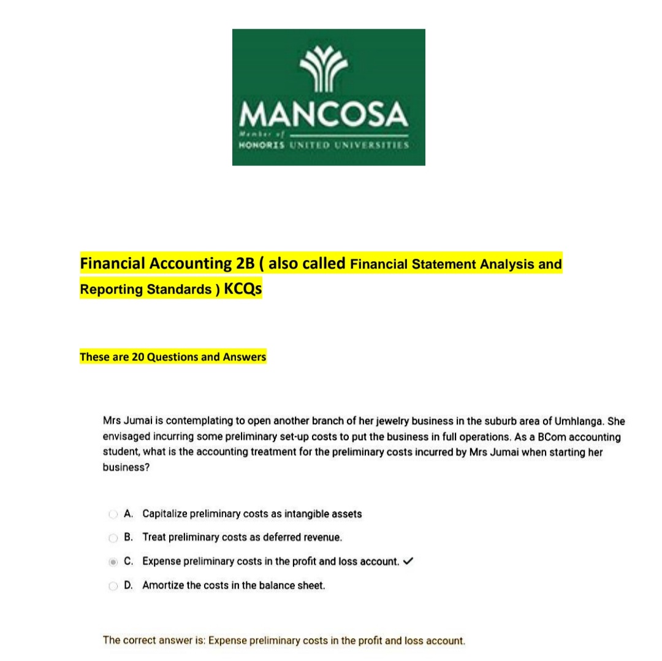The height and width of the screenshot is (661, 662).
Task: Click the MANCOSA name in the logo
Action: (x=325, y=114)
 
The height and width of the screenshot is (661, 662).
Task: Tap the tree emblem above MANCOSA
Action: (x=325, y=71)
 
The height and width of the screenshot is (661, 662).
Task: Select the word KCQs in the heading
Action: (x=243, y=289)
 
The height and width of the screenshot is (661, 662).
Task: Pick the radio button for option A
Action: (x=113, y=514)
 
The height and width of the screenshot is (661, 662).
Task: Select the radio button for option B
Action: (x=113, y=538)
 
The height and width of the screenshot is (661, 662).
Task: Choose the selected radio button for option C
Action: (x=113, y=562)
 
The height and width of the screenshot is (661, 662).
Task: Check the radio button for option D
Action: (x=113, y=586)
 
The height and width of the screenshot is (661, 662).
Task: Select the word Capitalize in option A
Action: (x=165, y=514)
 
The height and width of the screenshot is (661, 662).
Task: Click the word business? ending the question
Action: (x=126, y=467)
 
